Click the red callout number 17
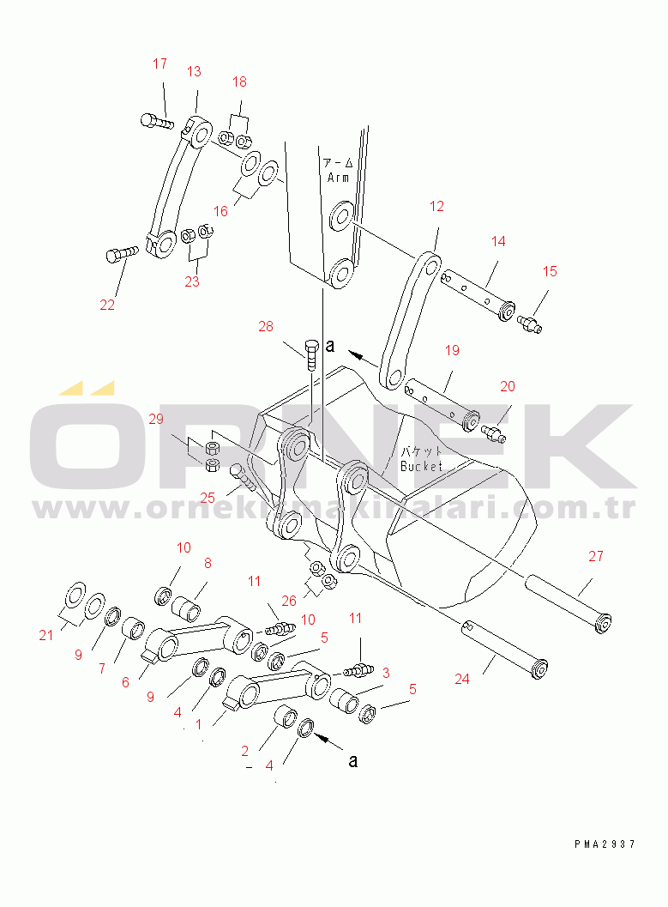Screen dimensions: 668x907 [160, 63]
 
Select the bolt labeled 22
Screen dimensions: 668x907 [122, 255]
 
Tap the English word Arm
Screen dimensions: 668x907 [338, 178]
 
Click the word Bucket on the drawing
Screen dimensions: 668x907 [421, 466]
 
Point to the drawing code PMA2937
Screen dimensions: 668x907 [605, 844]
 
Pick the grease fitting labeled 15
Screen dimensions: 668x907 [529, 323]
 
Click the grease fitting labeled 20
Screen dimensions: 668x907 [494, 434]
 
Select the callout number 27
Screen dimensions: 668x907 [596, 556]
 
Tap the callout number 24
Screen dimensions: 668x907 [461, 679]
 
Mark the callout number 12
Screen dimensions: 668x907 [436, 207]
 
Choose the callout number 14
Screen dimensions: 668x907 [498, 241]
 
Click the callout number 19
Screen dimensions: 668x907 [453, 350]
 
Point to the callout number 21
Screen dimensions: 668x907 [46, 635]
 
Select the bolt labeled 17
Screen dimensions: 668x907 [157, 121]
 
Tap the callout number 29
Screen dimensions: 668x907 [156, 419]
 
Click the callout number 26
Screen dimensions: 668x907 [289, 601]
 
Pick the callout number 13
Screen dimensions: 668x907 [194, 71]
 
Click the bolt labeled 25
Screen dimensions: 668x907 [243, 476]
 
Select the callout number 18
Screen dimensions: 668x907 [239, 82]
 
